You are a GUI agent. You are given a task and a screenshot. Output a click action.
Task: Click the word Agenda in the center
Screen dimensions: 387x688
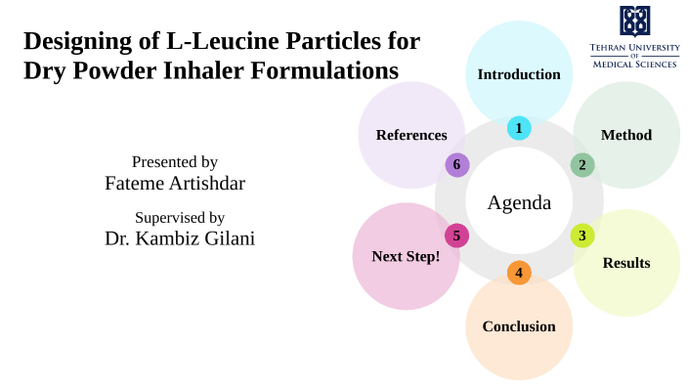(519, 203)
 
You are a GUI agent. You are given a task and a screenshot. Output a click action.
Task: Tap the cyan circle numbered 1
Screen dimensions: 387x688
(519, 128)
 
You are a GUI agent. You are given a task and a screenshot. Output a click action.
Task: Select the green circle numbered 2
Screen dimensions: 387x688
(582, 165)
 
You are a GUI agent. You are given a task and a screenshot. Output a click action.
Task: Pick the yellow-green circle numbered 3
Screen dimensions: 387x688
(582, 236)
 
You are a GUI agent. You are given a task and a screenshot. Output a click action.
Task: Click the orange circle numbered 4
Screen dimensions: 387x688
(519, 273)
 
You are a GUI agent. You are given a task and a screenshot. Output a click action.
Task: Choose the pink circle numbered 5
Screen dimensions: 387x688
(456, 236)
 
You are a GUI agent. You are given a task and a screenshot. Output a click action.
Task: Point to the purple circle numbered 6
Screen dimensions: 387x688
(456, 165)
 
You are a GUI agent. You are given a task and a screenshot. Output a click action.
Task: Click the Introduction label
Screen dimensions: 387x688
(519, 74)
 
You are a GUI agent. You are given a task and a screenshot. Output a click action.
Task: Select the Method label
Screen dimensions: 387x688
(626, 135)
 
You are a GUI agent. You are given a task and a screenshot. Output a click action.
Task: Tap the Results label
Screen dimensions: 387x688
(626, 263)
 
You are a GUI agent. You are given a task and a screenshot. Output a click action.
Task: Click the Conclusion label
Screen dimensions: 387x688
(519, 326)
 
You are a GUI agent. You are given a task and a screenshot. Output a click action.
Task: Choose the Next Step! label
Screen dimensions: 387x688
(406, 256)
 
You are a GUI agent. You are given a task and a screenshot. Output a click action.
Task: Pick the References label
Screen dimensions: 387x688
(411, 135)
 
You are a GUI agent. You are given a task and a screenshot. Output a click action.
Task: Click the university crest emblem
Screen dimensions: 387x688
(634, 21)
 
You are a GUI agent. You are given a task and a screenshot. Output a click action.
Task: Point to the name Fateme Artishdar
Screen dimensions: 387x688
(175, 183)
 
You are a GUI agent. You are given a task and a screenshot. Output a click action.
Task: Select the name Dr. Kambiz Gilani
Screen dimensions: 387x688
(180, 238)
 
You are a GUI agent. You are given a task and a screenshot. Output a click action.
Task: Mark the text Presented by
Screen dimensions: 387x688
(175, 161)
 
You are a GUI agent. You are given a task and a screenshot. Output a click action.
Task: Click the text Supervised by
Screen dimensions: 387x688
(180, 217)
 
